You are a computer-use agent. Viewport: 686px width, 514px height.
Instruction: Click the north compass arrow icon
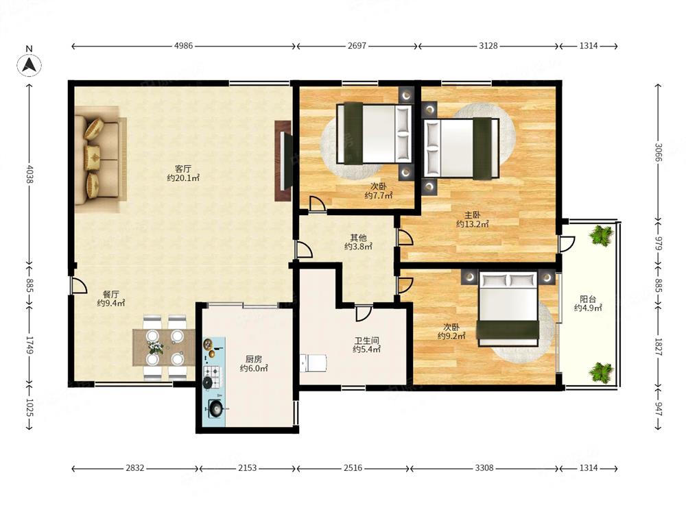pos(29,65)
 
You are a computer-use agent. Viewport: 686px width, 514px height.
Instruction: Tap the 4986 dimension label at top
pos(183,46)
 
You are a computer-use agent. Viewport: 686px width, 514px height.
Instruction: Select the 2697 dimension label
pos(357,46)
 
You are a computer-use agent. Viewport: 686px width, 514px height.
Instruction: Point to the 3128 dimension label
pos(488,46)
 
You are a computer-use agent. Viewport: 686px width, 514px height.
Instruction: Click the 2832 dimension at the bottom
pos(134,468)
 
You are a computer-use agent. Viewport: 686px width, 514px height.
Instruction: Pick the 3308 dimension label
pos(484,468)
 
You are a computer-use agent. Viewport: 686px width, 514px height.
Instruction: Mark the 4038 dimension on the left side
pos(29,173)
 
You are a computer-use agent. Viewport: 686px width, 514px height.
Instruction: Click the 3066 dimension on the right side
pos(659,152)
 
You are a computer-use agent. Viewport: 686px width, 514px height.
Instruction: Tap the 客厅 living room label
pos(183,169)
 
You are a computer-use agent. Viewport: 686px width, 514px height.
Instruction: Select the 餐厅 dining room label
pos(110,294)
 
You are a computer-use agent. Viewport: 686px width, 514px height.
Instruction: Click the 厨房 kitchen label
pos(254,359)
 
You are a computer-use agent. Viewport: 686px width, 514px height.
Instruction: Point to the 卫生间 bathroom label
pos(366,340)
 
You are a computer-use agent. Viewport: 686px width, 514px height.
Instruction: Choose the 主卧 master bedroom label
pos(473,215)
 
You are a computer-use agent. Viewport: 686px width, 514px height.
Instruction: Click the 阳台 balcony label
pos(588,299)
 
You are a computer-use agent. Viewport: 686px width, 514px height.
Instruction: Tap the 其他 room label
pos(358,238)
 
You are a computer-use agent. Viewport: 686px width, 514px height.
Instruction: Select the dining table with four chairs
pos(165,347)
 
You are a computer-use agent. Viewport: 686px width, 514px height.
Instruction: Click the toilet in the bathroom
pos(314,363)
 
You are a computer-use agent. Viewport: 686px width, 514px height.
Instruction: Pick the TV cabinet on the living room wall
pos(283,161)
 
